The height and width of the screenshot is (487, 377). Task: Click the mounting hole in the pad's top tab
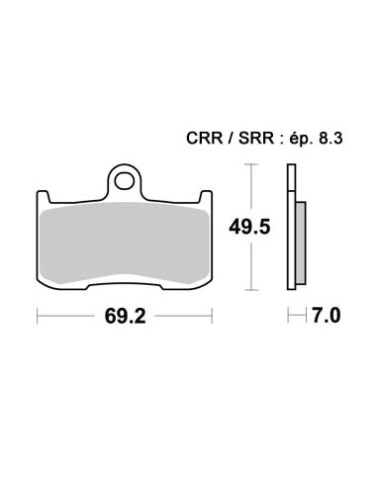click(x=124, y=181)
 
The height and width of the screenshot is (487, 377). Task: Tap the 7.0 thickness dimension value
click(x=326, y=317)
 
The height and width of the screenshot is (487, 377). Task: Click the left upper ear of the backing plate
click(x=42, y=194)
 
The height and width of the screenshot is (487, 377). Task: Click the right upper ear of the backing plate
click(x=207, y=194)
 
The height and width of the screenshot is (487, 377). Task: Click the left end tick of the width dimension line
click(x=38, y=317)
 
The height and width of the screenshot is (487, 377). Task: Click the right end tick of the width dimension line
click(x=211, y=317)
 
